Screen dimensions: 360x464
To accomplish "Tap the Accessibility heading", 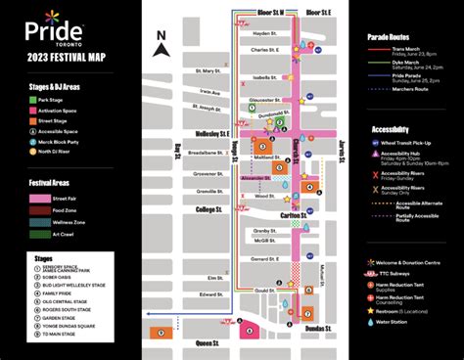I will [x=397, y=129].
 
